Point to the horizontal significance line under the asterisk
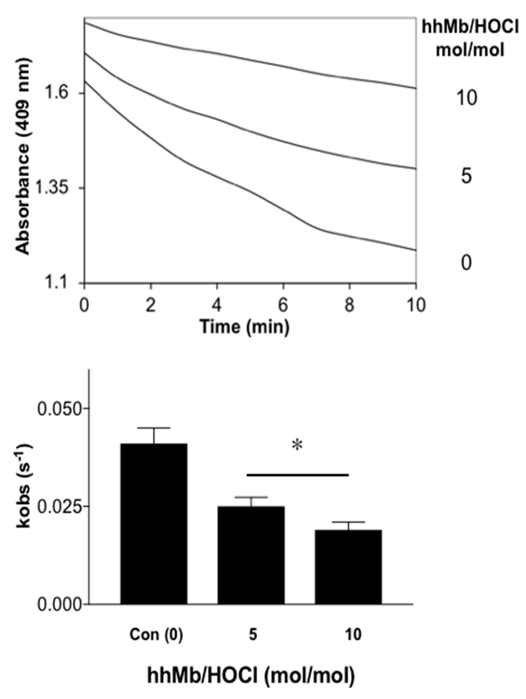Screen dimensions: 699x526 point(298,475)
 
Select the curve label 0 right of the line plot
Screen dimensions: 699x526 point(466,263)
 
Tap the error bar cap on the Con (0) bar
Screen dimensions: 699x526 point(154,428)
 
